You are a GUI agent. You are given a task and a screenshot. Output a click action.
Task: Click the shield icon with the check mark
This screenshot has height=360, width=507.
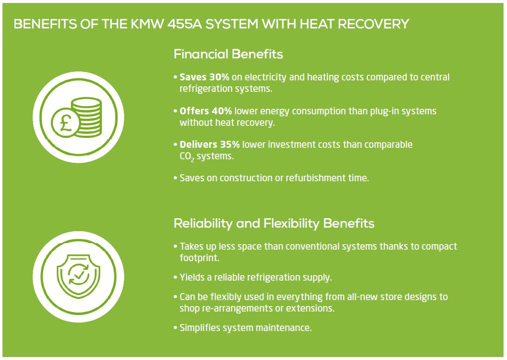78,276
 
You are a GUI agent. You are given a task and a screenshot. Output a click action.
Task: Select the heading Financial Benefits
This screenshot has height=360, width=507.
228,54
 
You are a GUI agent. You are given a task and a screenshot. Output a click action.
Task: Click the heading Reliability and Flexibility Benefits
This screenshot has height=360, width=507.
274,224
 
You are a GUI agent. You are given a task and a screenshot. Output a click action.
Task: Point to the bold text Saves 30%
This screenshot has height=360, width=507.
205,77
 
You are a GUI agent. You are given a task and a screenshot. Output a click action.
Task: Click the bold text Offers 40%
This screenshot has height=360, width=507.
206,111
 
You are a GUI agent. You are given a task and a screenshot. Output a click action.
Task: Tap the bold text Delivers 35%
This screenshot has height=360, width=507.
210,145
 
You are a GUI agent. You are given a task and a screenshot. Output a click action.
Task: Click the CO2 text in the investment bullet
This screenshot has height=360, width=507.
187,157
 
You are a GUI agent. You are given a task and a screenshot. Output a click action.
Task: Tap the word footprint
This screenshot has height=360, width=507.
199,258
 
